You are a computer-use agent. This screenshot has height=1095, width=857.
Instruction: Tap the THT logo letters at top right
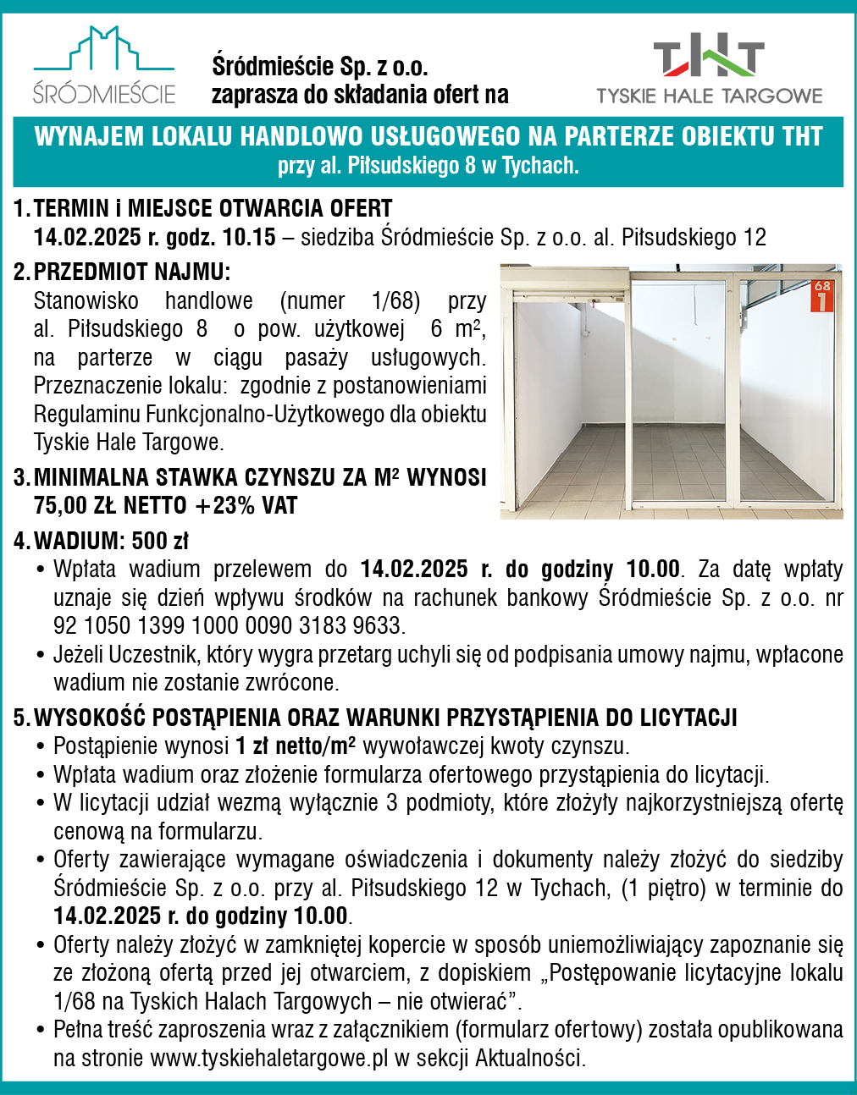point(709,58)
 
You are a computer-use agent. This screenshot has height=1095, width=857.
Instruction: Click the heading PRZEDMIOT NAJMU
point(131,272)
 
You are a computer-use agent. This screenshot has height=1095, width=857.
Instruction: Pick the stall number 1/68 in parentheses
point(395,301)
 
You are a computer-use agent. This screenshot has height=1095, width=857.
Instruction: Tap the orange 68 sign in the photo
point(822,295)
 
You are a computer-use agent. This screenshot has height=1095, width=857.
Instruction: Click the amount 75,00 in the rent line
point(60,506)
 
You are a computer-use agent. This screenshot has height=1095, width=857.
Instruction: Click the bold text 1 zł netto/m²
point(295,746)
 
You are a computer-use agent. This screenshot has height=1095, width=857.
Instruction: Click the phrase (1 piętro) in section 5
point(664,889)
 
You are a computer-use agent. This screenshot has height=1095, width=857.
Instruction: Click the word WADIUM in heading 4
point(78,541)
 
